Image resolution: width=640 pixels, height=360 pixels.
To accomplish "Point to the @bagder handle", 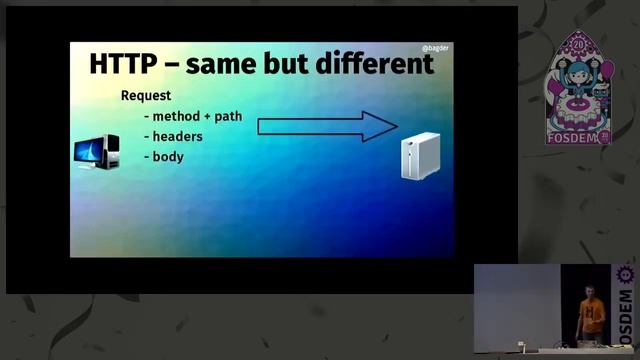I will click(436, 47).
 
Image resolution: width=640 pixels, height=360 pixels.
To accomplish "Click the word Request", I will click(146, 96).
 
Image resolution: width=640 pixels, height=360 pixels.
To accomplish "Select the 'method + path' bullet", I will click(197, 116).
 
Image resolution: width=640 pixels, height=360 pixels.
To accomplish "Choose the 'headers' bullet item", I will click(177, 136).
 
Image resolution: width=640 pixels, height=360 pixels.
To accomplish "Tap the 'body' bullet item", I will click(168, 157).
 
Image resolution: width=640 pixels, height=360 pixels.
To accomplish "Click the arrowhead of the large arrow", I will click(381, 126).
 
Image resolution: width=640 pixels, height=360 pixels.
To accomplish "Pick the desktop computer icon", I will click(96, 153).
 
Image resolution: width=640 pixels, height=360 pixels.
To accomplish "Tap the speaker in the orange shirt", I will click(591, 312).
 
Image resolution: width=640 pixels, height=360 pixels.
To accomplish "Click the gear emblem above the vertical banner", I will click(627, 274).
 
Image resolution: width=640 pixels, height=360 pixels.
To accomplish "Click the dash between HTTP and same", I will click(172, 65).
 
